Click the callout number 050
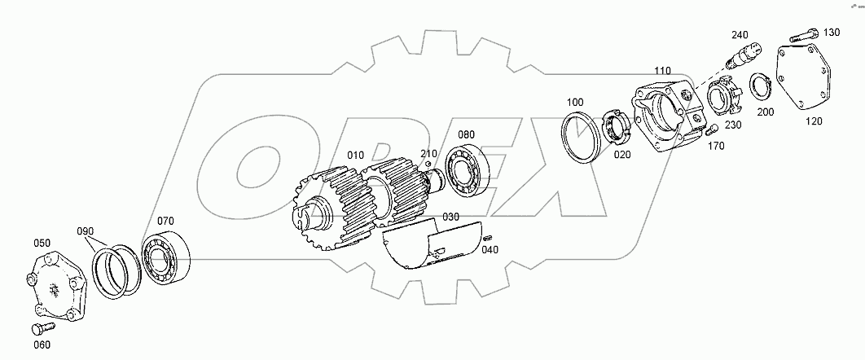[x=42, y=244]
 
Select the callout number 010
[x=355, y=155]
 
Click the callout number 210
[x=429, y=153]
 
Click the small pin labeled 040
[x=488, y=237]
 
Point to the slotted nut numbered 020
[x=616, y=130]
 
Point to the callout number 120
[x=814, y=121]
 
